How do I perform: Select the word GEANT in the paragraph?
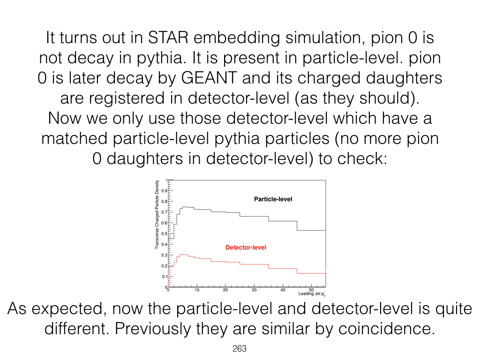209,78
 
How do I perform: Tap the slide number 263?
240,349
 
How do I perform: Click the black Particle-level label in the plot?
273,199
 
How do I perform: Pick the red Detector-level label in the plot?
246,247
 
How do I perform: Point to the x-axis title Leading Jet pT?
312,294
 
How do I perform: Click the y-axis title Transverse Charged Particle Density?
157,214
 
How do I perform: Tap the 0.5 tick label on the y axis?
165,234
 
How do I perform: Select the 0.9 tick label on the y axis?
165,191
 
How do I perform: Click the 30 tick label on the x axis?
254,290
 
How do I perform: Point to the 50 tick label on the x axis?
311,290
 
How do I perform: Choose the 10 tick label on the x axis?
197,290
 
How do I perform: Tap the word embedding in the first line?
237,38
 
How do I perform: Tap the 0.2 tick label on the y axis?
165,266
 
